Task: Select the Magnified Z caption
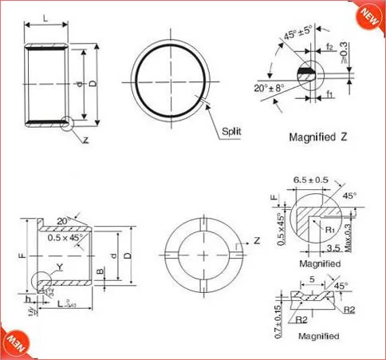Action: (319, 136)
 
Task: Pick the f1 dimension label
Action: (329, 95)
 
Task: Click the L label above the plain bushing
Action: (44, 17)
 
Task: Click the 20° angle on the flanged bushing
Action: (61, 221)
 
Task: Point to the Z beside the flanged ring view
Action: (258, 240)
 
